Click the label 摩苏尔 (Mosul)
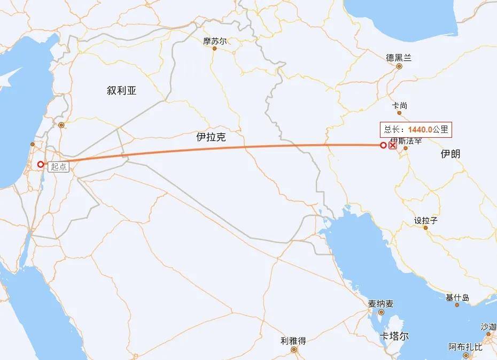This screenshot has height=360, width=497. click(215, 41)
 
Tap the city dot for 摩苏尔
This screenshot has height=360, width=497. click(215, 49)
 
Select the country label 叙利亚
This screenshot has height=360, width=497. click(122, 91)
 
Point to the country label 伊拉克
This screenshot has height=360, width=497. click(211, 137)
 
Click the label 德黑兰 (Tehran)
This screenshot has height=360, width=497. click(399, 58)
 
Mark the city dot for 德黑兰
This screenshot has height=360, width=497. click(399, 67)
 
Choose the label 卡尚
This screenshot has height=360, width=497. click(400, 106)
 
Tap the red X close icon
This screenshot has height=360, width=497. click(392, 145)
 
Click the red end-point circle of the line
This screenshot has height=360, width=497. click(383, 145)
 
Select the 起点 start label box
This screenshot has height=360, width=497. click(58, 167)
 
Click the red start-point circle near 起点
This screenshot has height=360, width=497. click(41, 165)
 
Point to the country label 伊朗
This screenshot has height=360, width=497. click(451, 154)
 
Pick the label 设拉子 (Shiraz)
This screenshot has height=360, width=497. click(426, 220)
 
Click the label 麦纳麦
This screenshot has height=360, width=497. click(380, 303)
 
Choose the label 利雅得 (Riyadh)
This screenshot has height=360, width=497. click(293, 340)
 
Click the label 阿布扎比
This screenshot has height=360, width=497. click(465, 347)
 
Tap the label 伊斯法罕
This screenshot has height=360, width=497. click(406, 141)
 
